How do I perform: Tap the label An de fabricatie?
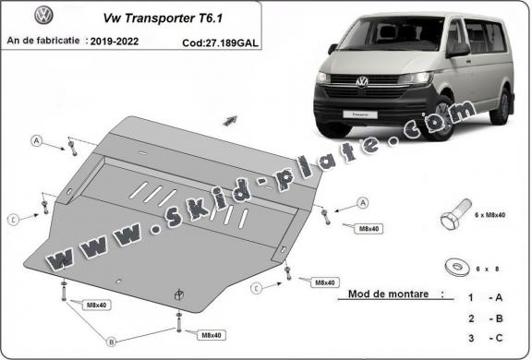(x=42, y=42)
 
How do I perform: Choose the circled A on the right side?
(x=363, y=202)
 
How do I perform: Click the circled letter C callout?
(x=14, y=219)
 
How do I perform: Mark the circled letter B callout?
(x=111, y=341)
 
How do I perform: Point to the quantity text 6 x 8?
(x=486, y=269)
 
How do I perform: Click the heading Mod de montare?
(x=390, y=296)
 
